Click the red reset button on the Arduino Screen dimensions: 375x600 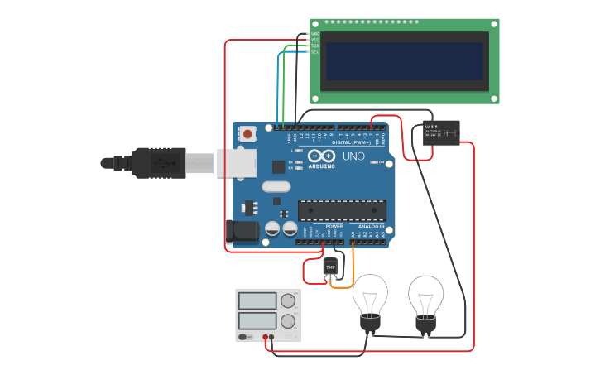[x=247, y=132]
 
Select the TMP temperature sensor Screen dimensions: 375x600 [x=331, y=267]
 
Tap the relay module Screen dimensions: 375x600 [x=440, y=132]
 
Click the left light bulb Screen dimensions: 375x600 [x=370, y=299]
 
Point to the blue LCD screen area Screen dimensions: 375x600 [x=404, y=61]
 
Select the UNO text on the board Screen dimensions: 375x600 [x=353, y=156]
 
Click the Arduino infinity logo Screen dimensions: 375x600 [x=321, y=156]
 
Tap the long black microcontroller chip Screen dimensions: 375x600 [x=342, y=210]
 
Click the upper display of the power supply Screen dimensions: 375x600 [x=257, y=300]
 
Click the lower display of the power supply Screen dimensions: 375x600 [x=257, y=320]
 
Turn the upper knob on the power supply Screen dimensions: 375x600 [x=288, y=300]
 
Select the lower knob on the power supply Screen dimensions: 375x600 [x=288, y=321]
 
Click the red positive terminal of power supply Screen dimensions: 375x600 [x=266, y=337]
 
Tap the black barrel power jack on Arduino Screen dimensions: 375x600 [x=241, y=230]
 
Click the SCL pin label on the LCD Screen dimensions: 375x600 [x=314, y=52]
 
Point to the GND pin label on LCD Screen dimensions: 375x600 [x=314, y=34]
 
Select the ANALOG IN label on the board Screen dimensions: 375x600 [x=371, y=226]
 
